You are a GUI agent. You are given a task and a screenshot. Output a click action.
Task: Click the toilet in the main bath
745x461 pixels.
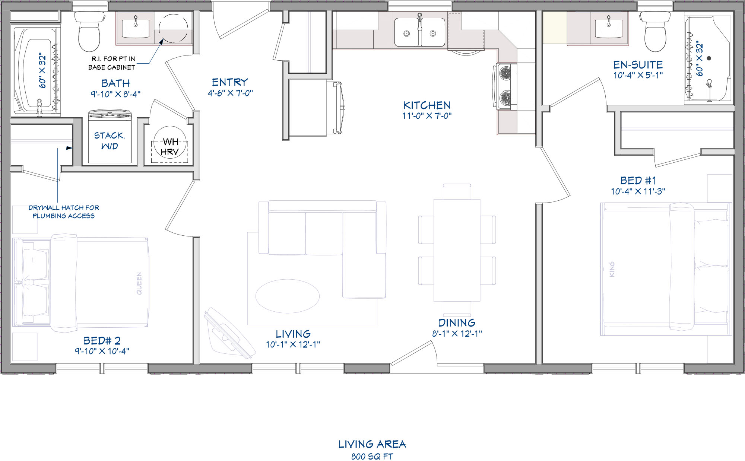pyautogui.click(x=89, y=31)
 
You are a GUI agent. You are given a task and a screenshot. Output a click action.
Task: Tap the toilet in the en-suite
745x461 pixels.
pyautogui.click(x=655, y=31)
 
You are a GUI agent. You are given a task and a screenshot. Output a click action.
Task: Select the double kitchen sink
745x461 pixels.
pyautogui.click(x=420, y=32)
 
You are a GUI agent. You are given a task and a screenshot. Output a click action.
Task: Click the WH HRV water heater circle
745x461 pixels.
pyautogui.click(x=170, y=143)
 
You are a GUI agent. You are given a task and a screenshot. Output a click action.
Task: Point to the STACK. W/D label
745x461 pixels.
pyautogui.click(x=110, y=141)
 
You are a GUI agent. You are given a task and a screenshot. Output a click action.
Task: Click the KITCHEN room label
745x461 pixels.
pyautogui.click(x=427, y=105)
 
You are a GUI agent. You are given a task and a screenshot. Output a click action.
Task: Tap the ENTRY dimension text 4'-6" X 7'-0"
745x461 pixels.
pyautogui.click(x=230, y=93)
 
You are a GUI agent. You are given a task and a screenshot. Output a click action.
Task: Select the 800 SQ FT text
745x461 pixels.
pyautogui.click(x=372, y=456)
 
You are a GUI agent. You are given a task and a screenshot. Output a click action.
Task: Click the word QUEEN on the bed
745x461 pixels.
pyautogui.click(x=139, y=283)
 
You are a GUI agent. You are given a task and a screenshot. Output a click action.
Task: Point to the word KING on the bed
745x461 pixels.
pyautogui.click(x=612, y=269)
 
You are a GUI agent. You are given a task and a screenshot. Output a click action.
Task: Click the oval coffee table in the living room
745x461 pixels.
pyautogui.click(x=288, y=296)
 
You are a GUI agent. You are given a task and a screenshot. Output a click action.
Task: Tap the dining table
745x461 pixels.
pyautogui.click(x=457, y=250)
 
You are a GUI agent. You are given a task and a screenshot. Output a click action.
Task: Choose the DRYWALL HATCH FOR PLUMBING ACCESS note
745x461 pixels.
pyautogui.click(x=64, y=212)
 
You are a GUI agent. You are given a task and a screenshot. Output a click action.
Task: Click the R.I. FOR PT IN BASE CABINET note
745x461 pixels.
pyautogui.click(x=112, y=63)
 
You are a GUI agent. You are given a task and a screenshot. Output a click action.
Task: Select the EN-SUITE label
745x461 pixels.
pyautogui.click(x=638, y=65)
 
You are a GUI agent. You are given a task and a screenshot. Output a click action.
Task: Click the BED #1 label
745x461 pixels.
pyautogui.click(x=638, y=181)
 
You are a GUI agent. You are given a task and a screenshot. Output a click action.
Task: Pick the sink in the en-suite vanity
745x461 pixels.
pyautogui.click(x=608, y=28)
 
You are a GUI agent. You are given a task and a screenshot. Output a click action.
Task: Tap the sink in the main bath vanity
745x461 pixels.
pyautogui.click(x=136, y=28)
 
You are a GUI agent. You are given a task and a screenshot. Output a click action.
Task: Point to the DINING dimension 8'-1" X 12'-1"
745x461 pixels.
pyautogui.click(x=457, y=334)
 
